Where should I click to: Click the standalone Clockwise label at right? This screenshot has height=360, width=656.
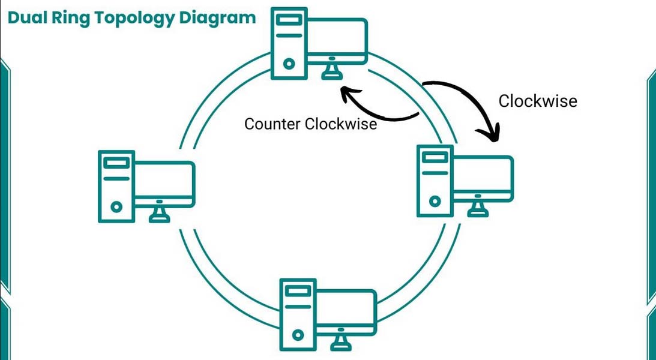pos(538,101)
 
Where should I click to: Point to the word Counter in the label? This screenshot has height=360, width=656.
pos(272,124)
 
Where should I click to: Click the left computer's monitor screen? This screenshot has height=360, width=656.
pos(164,183)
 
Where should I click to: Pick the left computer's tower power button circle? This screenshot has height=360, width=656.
pos(116,207)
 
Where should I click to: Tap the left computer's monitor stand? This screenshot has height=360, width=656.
pos(159,214)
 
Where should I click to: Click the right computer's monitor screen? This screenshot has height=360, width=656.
pos(483,178)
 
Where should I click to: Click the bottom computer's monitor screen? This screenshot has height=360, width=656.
pos(346,311)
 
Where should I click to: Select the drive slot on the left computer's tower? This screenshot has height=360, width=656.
pos(116,163)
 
